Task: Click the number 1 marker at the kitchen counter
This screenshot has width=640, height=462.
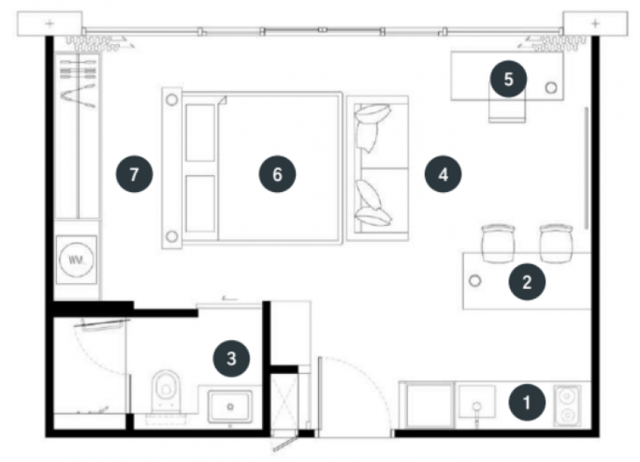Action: point(527,402)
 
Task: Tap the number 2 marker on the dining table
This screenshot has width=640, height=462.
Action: point(527,282)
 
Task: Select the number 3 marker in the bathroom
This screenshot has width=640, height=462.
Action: point(232,358)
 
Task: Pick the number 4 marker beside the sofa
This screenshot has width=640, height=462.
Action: point(443,174)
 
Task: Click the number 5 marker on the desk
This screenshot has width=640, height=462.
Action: point(508,79)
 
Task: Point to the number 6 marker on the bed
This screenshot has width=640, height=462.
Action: point(277,174)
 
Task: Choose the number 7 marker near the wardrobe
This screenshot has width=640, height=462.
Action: point(134,174)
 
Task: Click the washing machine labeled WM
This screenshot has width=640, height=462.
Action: point(76,259)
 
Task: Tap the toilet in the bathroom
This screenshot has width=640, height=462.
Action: point(166,390)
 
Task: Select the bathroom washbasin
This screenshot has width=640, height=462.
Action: point(230,406)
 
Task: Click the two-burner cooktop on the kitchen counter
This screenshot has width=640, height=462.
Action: point(567,406)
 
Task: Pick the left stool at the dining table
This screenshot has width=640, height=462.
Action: point(498,243)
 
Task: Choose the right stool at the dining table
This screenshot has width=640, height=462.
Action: point(556,243)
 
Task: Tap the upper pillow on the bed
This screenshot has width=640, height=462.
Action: point(201,133)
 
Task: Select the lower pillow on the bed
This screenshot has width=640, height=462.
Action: point(201,204)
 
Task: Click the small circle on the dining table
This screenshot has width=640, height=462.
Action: point(475,281)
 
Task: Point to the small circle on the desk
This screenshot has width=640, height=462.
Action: point(551,87)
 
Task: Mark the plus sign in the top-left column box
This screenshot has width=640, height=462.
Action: point(49,23)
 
